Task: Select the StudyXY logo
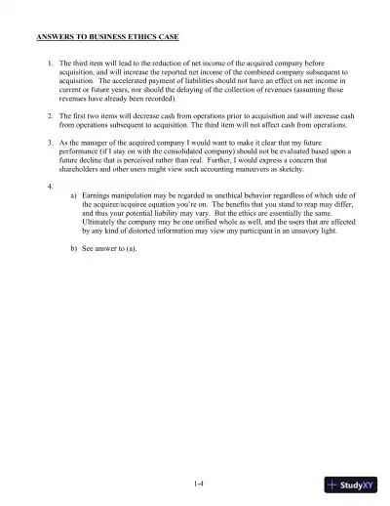[x=353, y=486]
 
